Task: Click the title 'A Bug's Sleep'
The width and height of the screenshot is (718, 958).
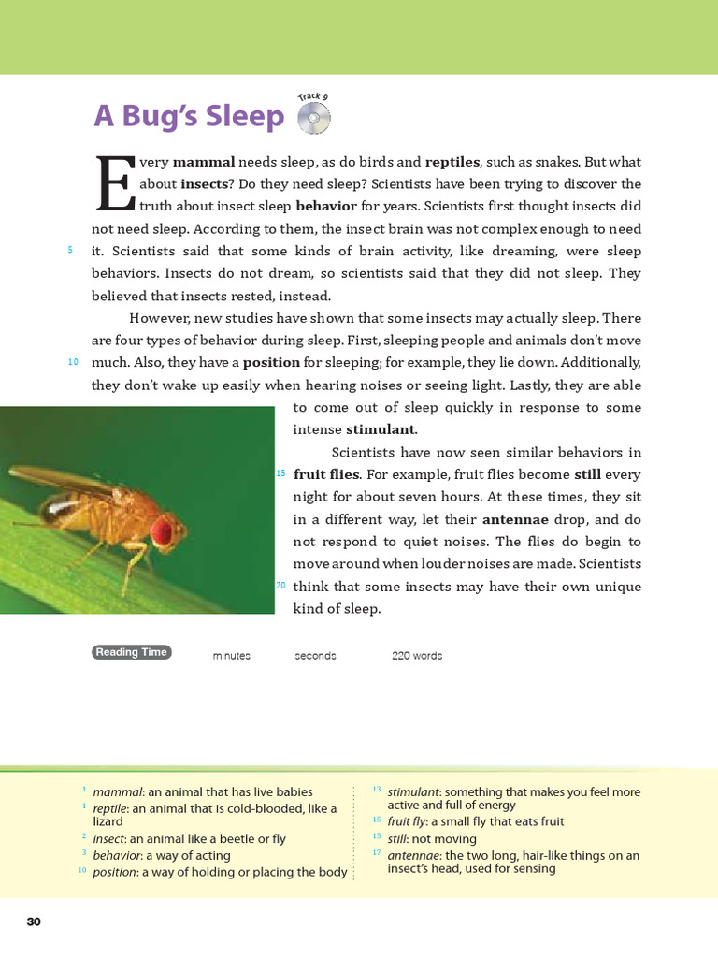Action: [x=189, y=117]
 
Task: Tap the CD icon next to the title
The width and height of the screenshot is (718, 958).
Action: [x=313, y=118]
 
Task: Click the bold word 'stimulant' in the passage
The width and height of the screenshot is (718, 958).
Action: [x=381, y=430]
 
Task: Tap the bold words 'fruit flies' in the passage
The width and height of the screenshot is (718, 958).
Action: [x=325, y=474]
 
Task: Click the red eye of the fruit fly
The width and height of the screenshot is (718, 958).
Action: [x=162, y=531]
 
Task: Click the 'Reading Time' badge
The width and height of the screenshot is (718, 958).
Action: [x=131, y=653]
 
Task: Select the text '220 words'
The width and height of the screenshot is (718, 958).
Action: [x=417, y=656]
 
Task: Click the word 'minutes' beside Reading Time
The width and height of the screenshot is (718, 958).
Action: [x=231, y=656]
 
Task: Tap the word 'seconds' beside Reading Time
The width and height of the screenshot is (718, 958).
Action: [x=315, y=656]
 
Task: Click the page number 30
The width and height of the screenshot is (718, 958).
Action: [x=34, y=922]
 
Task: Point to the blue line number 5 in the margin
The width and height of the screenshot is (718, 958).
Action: [x=70, y=250]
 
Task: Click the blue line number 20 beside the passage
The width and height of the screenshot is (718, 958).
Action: [x=280, y=586]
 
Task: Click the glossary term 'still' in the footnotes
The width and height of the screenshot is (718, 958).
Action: [x=396, y=839]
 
